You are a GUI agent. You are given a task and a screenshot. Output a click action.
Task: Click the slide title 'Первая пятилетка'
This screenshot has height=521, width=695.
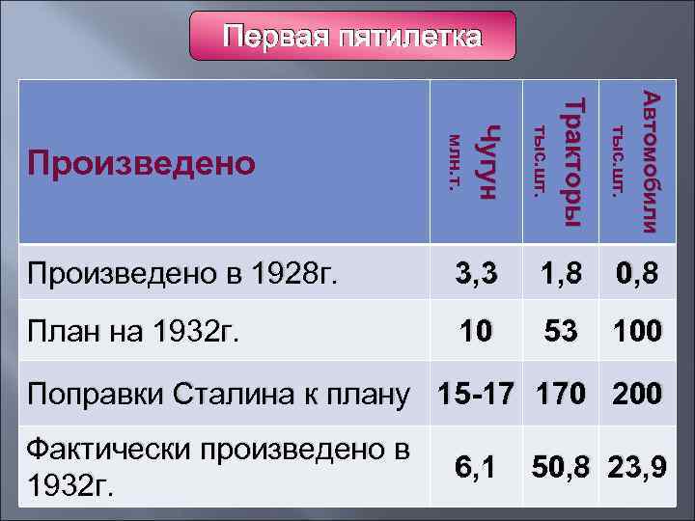pos(351,38)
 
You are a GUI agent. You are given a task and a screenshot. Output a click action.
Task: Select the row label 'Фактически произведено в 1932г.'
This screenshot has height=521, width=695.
pos(217,467)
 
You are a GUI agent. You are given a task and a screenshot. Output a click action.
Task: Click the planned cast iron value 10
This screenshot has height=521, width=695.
pos(479,332)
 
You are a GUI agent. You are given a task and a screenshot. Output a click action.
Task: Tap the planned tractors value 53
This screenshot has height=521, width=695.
pos(561,332)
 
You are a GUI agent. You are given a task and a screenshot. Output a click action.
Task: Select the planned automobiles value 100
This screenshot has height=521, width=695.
pos(636,332)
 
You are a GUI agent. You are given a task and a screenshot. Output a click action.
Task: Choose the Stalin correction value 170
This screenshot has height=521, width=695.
pos(561,394)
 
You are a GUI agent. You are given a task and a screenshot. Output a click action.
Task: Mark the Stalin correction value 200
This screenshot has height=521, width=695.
pos(636,394)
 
